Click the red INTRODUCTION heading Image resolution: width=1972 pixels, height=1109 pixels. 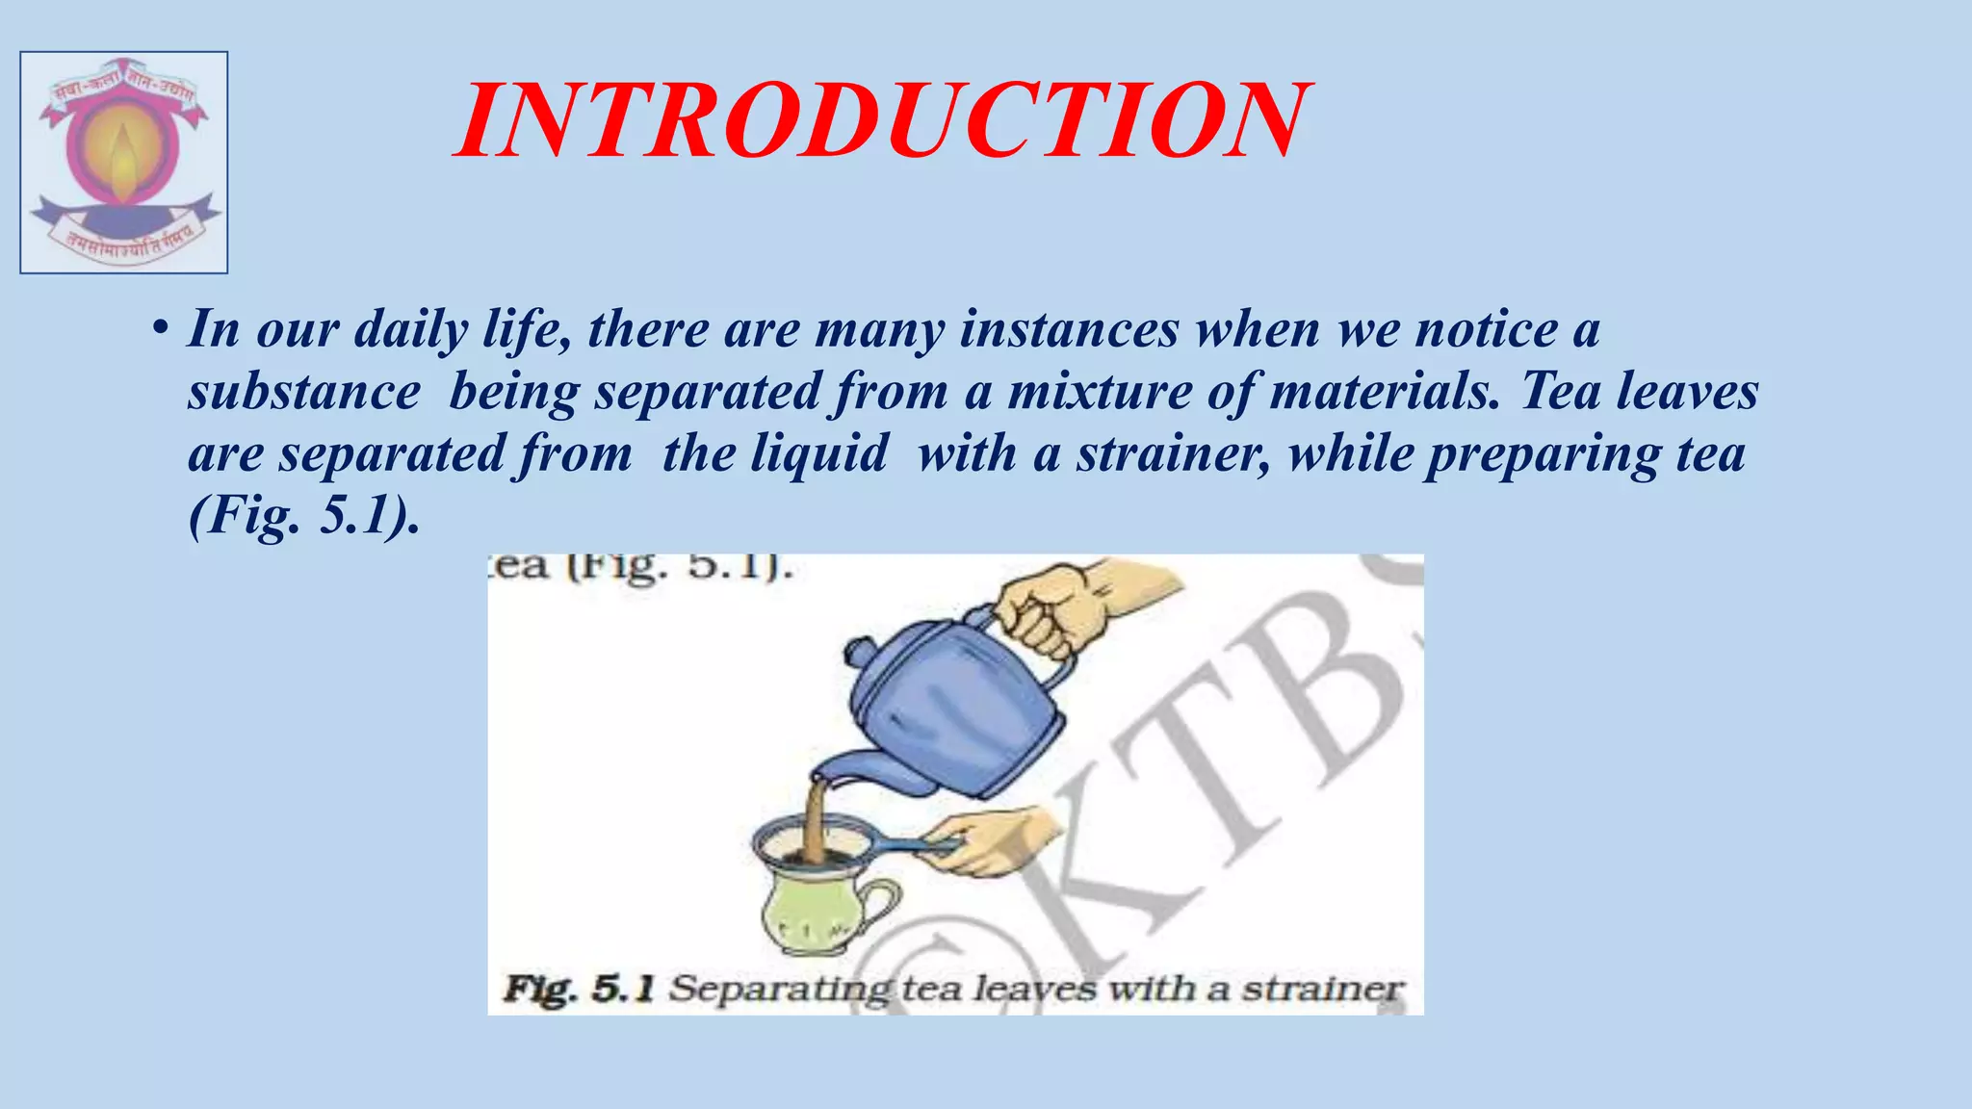pyautogui.click(x=880, y=121)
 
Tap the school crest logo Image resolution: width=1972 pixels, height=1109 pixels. pyautogui.click(x=124, y=163)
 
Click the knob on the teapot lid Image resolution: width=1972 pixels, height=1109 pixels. pyautogui.click(x=857, y=651)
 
